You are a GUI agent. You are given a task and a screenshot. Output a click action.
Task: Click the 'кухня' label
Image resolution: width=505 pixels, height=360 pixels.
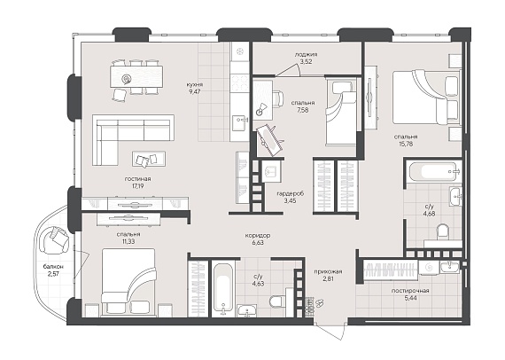[x=195, y=85]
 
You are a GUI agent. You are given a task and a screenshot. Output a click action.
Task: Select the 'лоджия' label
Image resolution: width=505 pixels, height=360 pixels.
[x=306, y=54]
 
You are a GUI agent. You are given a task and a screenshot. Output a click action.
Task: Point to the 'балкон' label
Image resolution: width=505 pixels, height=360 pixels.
[x=53, y=267]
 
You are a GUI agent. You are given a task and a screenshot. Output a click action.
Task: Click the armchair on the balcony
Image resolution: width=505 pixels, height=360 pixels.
[x=54, y=239]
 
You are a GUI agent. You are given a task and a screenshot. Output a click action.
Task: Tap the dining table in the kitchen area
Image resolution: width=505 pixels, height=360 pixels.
[x=136, y=76]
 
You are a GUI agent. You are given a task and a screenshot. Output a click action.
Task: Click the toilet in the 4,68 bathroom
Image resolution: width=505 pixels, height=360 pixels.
[x=443, y=232]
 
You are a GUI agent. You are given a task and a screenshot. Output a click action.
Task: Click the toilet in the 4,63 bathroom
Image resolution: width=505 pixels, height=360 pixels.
[x=277, y=301]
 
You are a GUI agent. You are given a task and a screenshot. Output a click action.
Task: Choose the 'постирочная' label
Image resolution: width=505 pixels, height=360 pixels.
[x=410, y=291]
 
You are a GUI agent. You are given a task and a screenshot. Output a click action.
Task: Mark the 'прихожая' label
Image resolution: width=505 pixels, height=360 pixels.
[x=328, y=271]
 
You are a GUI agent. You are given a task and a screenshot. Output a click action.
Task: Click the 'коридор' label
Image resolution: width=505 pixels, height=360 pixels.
[x=258, y=236]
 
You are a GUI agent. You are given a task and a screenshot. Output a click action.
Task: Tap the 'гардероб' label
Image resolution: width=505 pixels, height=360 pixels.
[x=291, y=193]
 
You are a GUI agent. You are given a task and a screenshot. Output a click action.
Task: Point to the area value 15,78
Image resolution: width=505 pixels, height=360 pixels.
[x=406, y=144]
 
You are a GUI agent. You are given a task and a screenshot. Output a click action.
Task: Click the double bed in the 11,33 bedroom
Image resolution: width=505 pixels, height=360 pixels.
[x=128, y=280]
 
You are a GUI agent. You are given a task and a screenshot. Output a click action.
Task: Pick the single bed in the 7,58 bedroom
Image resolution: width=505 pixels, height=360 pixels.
[x=340, y=113]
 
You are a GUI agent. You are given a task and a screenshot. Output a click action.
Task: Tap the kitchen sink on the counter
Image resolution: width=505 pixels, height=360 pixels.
[x=239, y=121]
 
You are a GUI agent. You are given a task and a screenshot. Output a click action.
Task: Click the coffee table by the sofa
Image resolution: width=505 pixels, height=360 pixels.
[x=149, y=159]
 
